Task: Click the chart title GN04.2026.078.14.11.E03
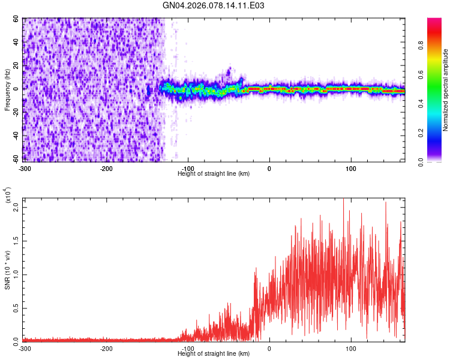214,5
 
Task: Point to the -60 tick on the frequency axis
16,160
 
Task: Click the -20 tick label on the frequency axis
16,112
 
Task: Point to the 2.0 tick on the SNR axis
16,207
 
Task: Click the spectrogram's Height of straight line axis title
214,173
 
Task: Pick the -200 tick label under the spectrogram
106,167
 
